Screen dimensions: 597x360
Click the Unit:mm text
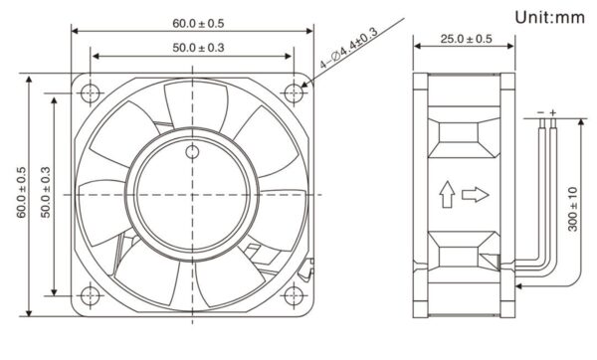(549, 17)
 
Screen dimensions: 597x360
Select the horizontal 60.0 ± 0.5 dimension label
(198, 23)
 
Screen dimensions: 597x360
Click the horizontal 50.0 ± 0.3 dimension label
(198, 48)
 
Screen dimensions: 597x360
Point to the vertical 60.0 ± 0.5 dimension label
(21, 192)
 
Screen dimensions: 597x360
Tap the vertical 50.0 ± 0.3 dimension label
(46, 192)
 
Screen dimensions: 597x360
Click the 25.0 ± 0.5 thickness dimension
(466, 39)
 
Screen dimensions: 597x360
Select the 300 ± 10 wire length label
(573, 209)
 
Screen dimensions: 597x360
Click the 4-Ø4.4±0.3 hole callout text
(349, 49)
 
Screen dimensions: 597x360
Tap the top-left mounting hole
(91, 92)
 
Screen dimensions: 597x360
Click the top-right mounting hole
(294, 92)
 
